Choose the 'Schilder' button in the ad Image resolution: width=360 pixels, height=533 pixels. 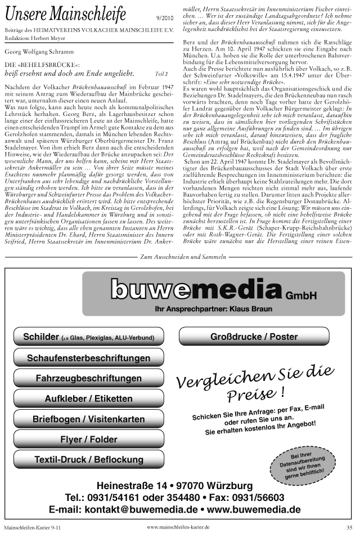(x=88, y=337)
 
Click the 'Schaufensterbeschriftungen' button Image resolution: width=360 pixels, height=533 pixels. (x=88, y=358)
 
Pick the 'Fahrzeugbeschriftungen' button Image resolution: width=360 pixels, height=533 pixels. (x=88, y=378)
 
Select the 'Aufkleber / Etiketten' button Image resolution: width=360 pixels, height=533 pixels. (x=88, y=398)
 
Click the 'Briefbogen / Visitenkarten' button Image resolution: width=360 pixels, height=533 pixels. (x=88, y=419)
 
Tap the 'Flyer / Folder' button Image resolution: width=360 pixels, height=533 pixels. (x=88, y=439)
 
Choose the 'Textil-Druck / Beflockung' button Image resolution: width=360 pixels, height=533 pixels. (x=88, y=459)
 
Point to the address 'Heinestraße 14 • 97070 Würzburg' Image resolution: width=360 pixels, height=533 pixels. (x=174, y=485)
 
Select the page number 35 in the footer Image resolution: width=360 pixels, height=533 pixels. (x=349, y=527)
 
